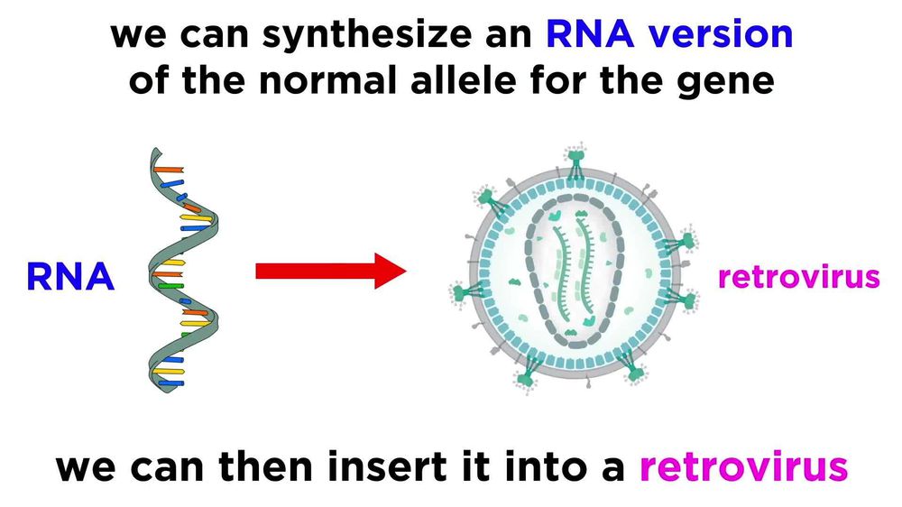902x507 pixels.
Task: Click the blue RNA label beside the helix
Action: [x=70, y=276]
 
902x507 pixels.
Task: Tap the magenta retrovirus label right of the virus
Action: [x=798, y=276]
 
